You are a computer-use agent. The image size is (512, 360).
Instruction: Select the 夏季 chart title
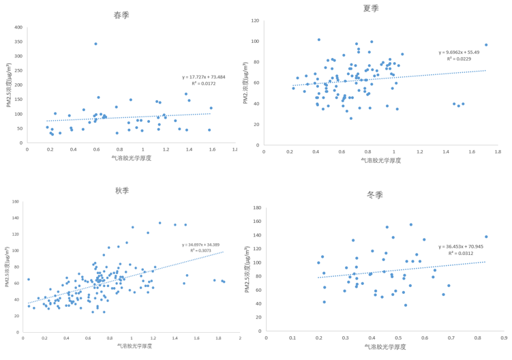[372, 8]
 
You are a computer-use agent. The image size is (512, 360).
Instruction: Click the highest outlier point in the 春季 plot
[95, 44]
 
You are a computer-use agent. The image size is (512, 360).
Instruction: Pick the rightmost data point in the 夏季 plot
[486, 45]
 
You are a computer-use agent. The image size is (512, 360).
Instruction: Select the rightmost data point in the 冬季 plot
[486, 237]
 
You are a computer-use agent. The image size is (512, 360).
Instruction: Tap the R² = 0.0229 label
[459, 59]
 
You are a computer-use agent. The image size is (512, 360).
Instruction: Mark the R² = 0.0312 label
[462, 253]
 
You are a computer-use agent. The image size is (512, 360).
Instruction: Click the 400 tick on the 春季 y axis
[18, 27]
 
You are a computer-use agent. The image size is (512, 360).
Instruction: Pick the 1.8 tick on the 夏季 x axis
[498, 152]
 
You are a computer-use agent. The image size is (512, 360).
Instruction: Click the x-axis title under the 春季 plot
[132, 157]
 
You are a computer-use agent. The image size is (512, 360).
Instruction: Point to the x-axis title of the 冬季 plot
[385, 347]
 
